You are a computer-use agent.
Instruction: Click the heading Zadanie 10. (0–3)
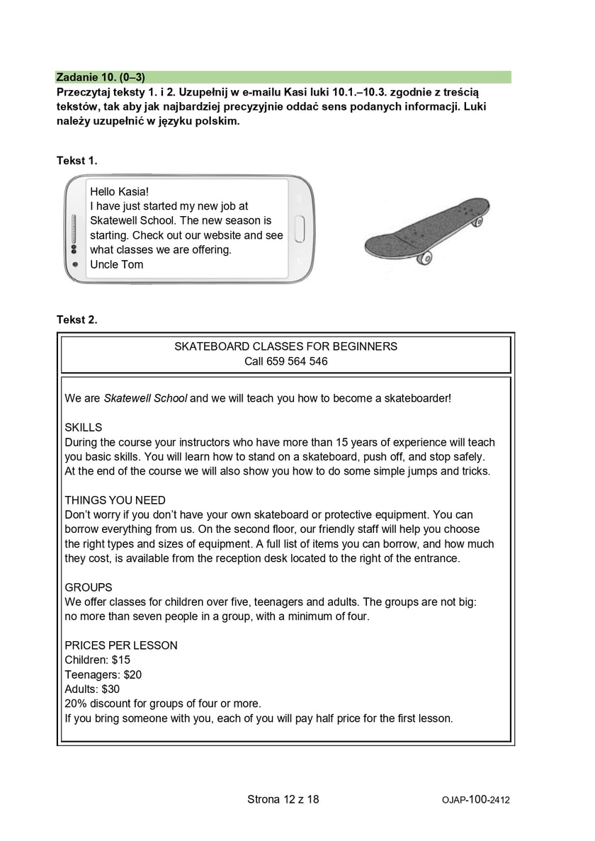click(100, 77)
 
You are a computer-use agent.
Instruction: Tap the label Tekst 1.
click(76, 161)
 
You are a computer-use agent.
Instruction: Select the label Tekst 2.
click(76, 320)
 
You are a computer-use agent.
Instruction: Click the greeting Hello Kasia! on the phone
click(120, 192)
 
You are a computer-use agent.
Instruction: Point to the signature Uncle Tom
click(116, 264)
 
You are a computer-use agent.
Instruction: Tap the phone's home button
click(299, 230)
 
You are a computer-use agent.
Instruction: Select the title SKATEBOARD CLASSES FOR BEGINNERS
click(285, 346)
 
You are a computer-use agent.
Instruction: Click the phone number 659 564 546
click(297, 361)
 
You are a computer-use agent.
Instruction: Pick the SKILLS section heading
click(83, 427)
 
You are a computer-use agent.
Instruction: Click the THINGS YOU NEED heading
click(115, 500)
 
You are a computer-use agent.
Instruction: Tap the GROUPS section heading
click(88, 587)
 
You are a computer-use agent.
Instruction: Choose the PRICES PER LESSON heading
click(120, 645)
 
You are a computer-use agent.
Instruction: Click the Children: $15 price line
click(97, 660)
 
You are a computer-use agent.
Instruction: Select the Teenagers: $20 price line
click(103, 675)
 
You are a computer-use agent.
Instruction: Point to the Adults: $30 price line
click(92, 689)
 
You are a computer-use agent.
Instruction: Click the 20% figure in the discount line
click(75, 704)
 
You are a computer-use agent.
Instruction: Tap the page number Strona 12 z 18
click(283, 799)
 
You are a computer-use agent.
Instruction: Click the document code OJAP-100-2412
click(475, 800)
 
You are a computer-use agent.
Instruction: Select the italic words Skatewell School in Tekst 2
click(145, 398)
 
